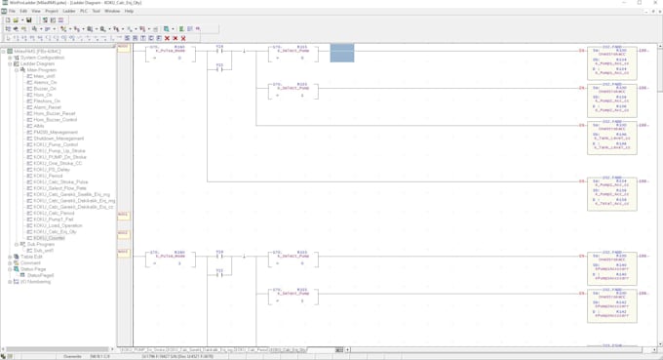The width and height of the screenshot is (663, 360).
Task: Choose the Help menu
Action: coord(129,11)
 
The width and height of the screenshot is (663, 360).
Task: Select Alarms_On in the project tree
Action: coord(45,83)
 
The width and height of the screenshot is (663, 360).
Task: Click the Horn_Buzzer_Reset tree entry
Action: coord(54,113)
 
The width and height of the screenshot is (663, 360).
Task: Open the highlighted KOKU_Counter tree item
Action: coord(49,238)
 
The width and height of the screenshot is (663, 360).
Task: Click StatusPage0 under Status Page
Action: coord(41,275)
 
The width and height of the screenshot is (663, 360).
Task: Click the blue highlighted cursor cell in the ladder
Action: coord(341,53)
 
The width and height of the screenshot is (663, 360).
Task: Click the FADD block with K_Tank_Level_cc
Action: coord(611,132)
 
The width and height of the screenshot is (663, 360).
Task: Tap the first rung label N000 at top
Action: coord(123,48)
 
